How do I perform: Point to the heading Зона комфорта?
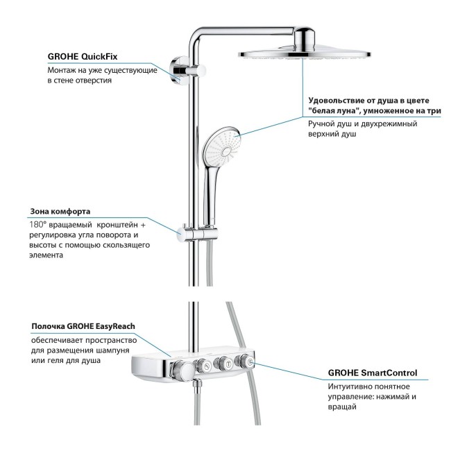60,211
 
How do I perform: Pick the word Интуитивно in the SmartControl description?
352,386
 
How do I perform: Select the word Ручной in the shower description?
322,124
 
